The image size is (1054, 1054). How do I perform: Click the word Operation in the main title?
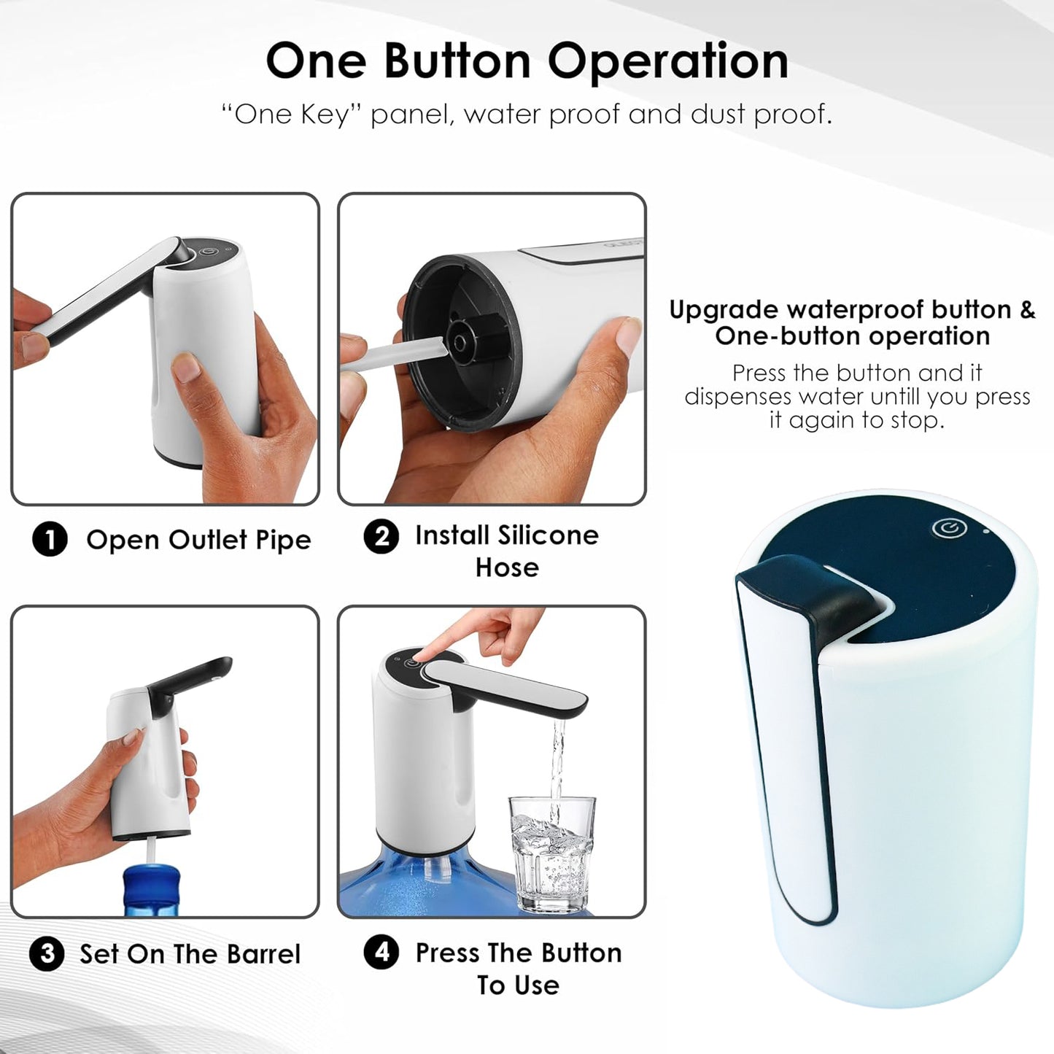click(x=668, y=61)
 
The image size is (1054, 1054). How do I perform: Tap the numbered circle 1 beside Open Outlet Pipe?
click(x=50, y=540)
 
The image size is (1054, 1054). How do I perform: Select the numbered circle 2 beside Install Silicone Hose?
click(x=381, y=537)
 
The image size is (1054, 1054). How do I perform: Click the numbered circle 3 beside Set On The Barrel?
click(x=47, y=954)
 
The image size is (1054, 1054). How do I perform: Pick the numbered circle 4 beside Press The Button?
click(x=381, y=953)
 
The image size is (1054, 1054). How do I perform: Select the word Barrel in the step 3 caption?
click(x=263, y=954)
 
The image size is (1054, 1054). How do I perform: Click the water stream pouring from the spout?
click(x=558, y=759)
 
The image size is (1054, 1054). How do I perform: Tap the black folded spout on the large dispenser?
click(x=817, y=598)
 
